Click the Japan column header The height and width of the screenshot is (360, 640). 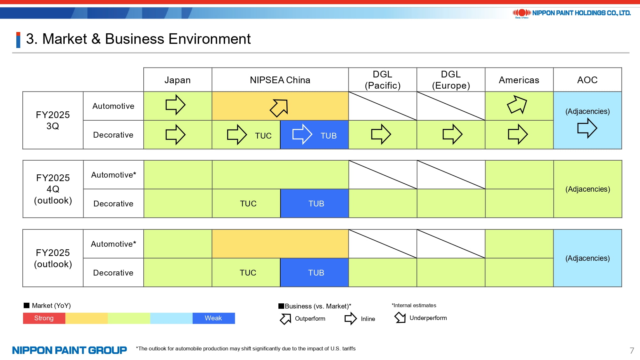177,80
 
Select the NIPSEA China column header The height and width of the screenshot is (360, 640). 280,80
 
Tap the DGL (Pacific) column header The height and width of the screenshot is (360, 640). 382,80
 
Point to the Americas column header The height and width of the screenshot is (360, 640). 519,80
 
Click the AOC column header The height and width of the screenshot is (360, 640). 587,80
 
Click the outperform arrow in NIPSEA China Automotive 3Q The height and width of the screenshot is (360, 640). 279,108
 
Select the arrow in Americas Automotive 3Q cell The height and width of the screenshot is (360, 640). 517,104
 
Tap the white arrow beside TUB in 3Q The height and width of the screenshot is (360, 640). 302,134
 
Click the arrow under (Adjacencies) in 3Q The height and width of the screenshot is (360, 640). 587,128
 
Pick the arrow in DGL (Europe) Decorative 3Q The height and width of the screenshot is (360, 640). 452,134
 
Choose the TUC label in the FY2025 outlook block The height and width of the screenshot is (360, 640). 248,273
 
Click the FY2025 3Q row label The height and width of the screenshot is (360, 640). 53,120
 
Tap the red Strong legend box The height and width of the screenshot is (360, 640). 44,318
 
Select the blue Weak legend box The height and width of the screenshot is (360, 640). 213,318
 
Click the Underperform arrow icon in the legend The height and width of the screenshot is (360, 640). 400,318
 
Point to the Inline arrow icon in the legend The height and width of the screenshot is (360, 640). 350,318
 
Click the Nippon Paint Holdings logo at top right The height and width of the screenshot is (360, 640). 572,13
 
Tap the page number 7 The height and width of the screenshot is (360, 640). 632,350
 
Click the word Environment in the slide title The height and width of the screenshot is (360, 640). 210,39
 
